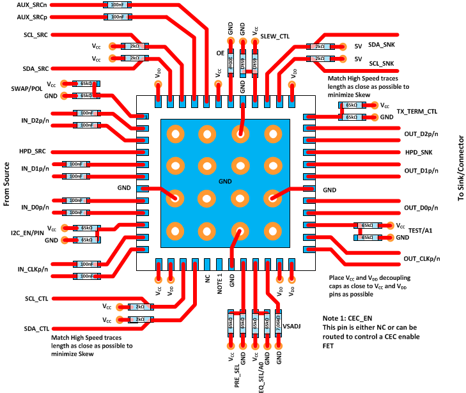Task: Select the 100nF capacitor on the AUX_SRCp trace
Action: click(x=118, y=17)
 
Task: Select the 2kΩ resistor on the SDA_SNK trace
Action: click(x=316, y=46)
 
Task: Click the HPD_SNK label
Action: click(x=419, y=153)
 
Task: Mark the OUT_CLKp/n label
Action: click(x=421, y=258)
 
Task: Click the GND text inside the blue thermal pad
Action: click(x=223, y=181)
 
